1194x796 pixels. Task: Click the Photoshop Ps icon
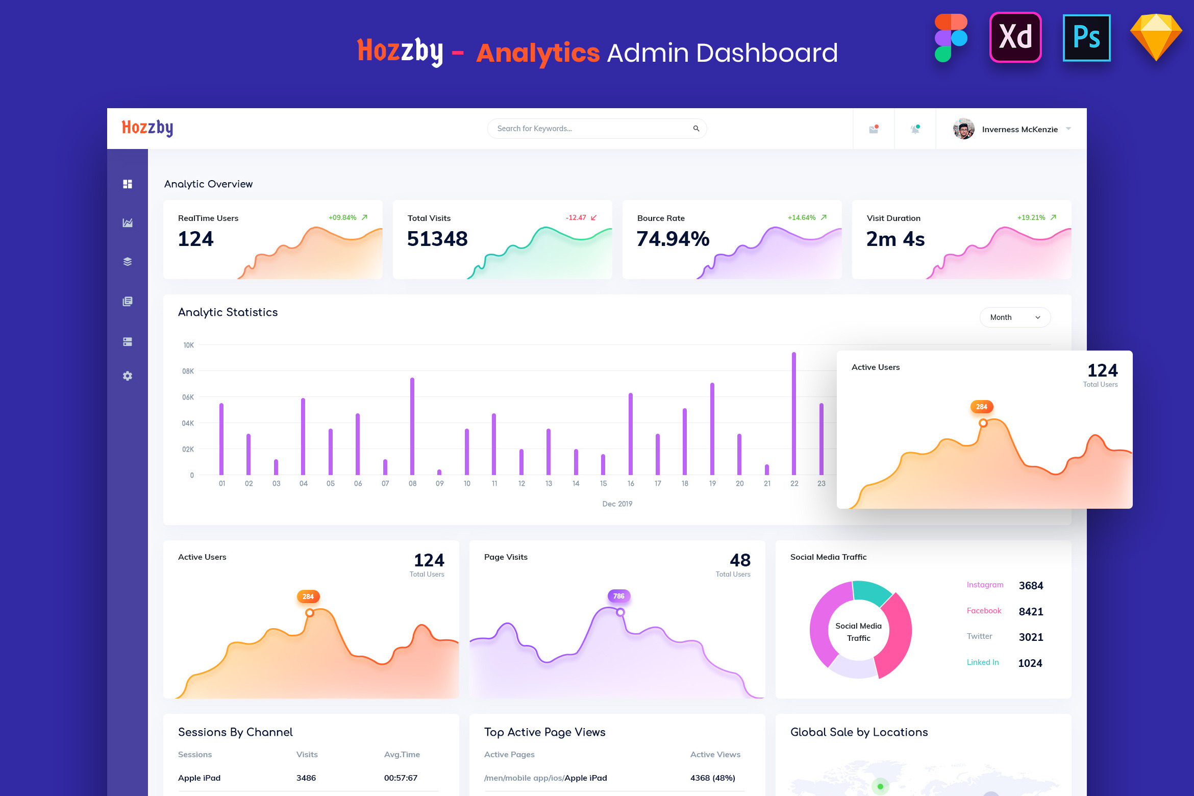pos(1086,38)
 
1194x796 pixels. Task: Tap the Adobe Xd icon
pos(1015,38)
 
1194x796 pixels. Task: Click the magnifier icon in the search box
pos(696,129)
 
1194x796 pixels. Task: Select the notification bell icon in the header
pos(915,129)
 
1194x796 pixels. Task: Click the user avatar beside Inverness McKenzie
pos(963,129)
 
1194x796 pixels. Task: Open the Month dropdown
pos(1014,317)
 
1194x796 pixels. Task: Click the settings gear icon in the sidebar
pos(128,376)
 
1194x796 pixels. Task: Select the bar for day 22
pos(794,413)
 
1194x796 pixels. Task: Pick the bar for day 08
pos(412,426)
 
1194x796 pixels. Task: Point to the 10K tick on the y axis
pos(188,345)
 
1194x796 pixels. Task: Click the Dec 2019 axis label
pos(617,504)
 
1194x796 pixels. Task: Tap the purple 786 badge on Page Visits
pos(618,596)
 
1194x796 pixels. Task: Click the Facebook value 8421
pos(1031,612)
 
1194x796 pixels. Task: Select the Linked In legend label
pos(982,662)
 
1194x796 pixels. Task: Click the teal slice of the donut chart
pos(871,592)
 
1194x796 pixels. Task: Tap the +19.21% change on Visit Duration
pos(1031,217)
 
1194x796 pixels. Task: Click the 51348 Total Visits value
pos(437,239)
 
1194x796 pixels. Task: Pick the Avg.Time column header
pos(402,755)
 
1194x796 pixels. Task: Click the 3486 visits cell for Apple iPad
pos(306,778)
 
